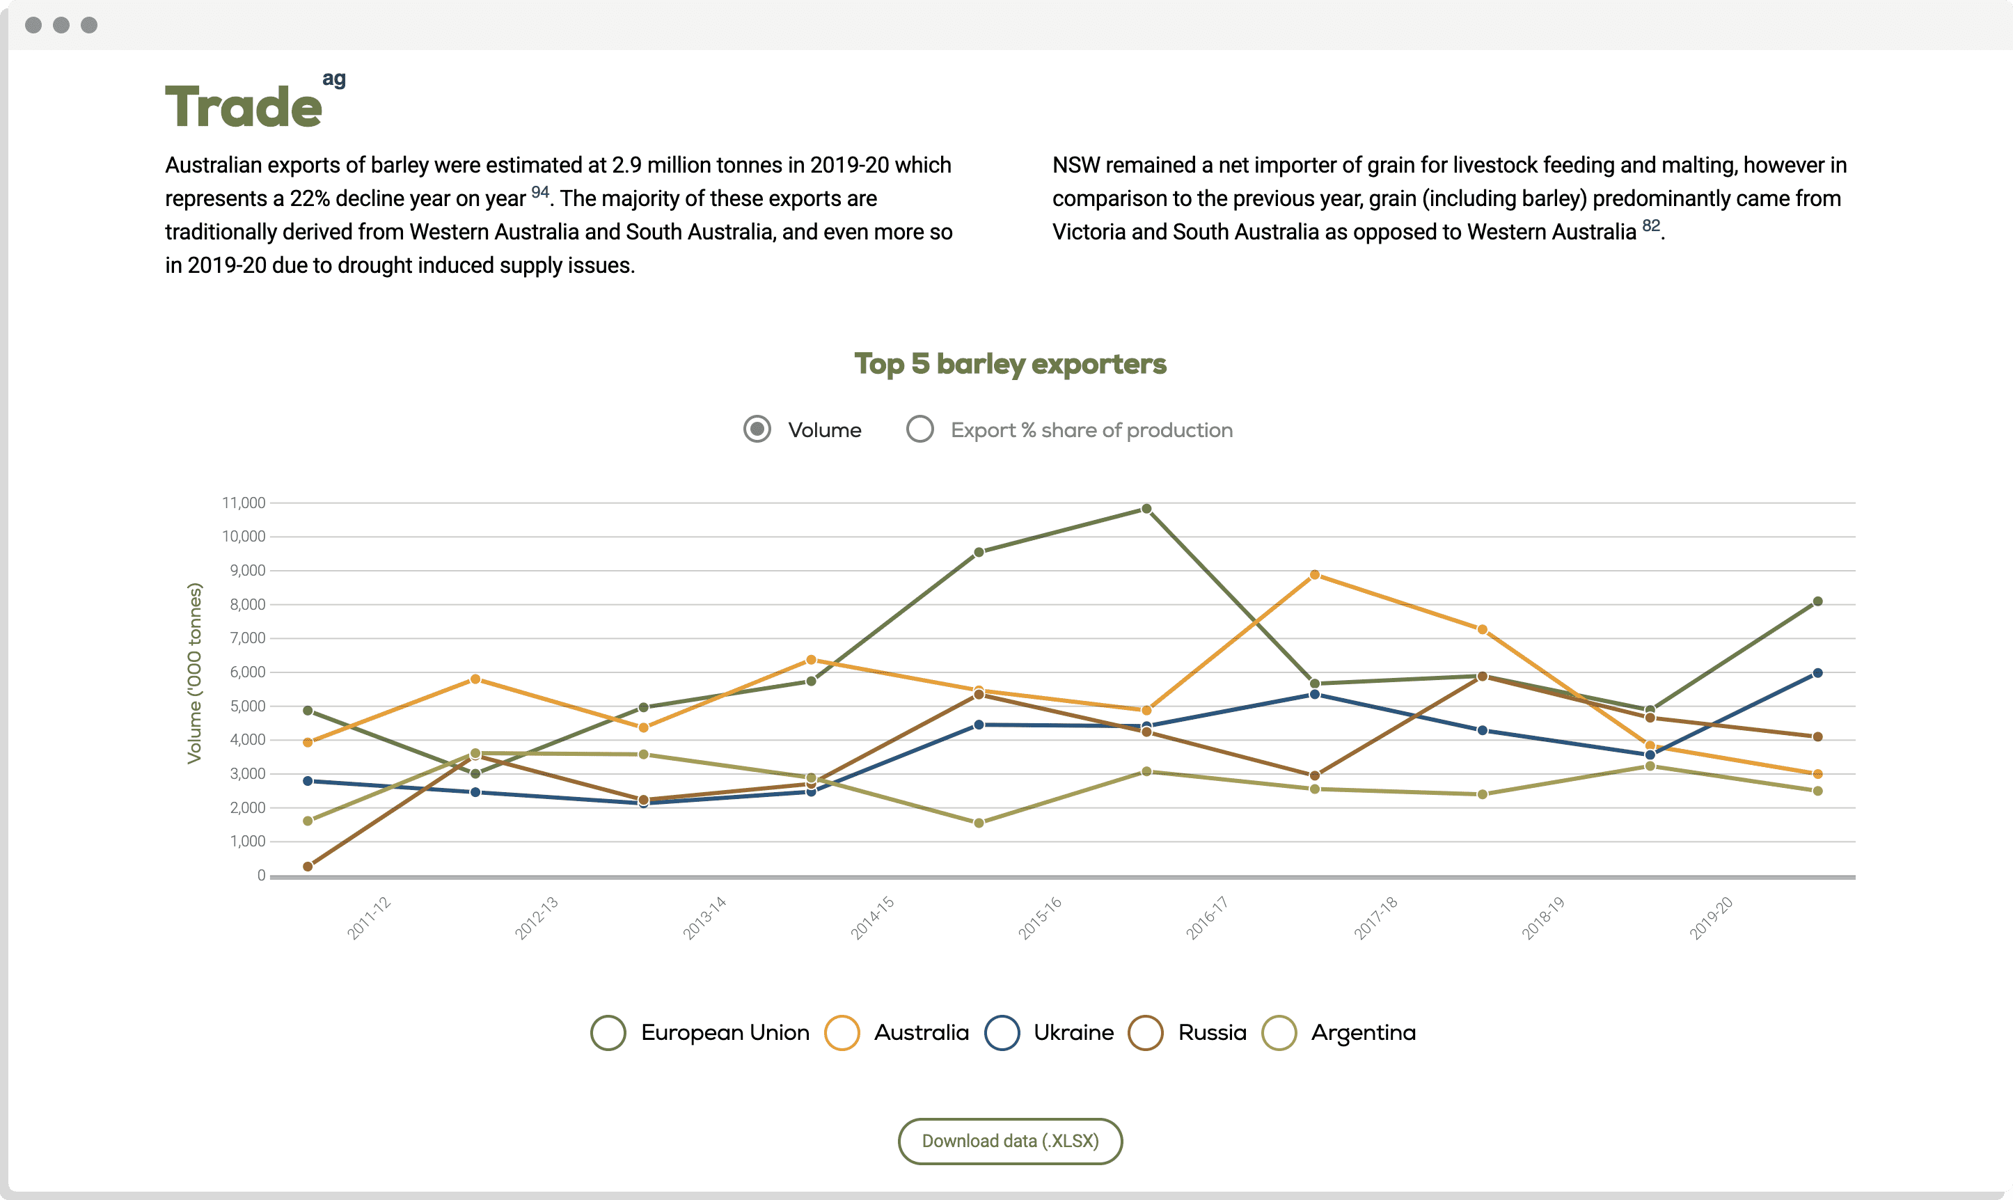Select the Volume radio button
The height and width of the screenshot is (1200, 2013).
pyautogui.click(x=757, y=429)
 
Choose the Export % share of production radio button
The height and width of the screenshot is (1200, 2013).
pyautogui.click(x=920, y=429)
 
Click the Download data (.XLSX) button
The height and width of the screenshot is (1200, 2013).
pyautogui.click(x=1010, y=1141)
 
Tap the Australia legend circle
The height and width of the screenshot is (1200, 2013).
pyautogui.click(x=842, y=1033)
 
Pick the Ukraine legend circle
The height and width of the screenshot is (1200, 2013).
pyautogui.click(x=1002, y=1033)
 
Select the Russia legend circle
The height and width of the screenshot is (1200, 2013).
pyautogui.click(x=1146, y=1033)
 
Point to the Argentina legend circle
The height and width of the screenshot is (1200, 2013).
pyautogui.click(x=1279, y=1033)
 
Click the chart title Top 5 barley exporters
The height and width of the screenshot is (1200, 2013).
pyautogui.click(x=1010, y=364)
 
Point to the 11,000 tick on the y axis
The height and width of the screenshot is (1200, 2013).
pyautogui.click(x=244, y=503)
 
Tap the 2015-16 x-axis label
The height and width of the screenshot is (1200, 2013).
pyautogui.click(x=1040, y=918)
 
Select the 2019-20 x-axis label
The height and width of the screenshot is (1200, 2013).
pyautogui.click(x=1711, y=918)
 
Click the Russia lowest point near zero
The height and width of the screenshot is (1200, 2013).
pyautogui.click(x=307, y=866)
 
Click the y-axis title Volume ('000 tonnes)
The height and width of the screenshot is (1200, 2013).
pyautogui.click(x=194, y=673)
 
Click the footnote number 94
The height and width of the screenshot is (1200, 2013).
pyautogui.click(x=540, y=192)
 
